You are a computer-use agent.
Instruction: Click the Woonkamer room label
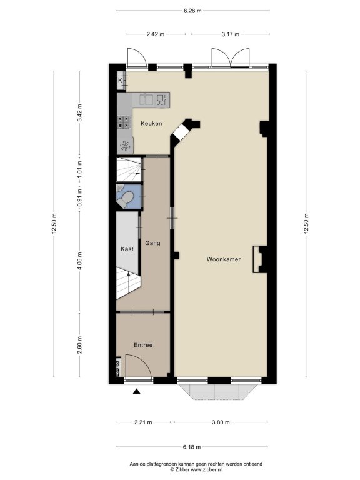224,259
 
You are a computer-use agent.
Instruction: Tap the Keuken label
151,123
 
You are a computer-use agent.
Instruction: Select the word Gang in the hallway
152,243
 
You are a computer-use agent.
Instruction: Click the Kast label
127,249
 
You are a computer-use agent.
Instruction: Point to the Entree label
143,345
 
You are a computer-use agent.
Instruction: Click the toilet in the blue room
126,199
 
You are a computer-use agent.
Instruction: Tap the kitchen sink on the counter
146,99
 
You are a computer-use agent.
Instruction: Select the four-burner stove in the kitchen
123,122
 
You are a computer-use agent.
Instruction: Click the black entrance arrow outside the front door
136,391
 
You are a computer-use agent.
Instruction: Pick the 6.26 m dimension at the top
192,11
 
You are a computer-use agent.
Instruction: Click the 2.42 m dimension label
155,34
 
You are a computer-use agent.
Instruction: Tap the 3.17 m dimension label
231,34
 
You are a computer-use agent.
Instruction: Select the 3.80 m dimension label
221,422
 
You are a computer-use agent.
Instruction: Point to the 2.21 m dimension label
143,422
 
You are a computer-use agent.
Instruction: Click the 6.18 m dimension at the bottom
192,447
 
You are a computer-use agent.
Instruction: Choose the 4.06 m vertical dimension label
79,261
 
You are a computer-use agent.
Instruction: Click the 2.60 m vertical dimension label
79,345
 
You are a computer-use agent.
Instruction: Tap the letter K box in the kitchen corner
120,81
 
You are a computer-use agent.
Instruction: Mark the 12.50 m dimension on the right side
306,224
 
